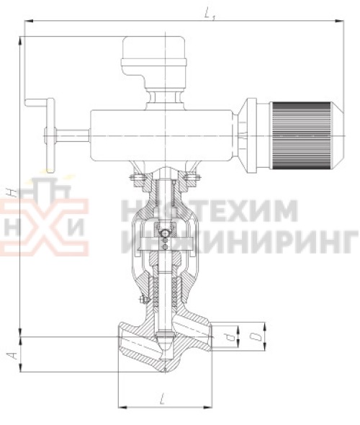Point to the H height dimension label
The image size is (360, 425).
click(10, 192)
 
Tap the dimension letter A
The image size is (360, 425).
click(9, 354)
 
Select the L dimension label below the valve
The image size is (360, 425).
click(165, 398)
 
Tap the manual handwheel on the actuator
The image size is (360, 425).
click(48, 135)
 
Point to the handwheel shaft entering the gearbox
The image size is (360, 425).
click(72, 135)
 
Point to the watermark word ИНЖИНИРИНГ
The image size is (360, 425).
click(245, 238)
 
